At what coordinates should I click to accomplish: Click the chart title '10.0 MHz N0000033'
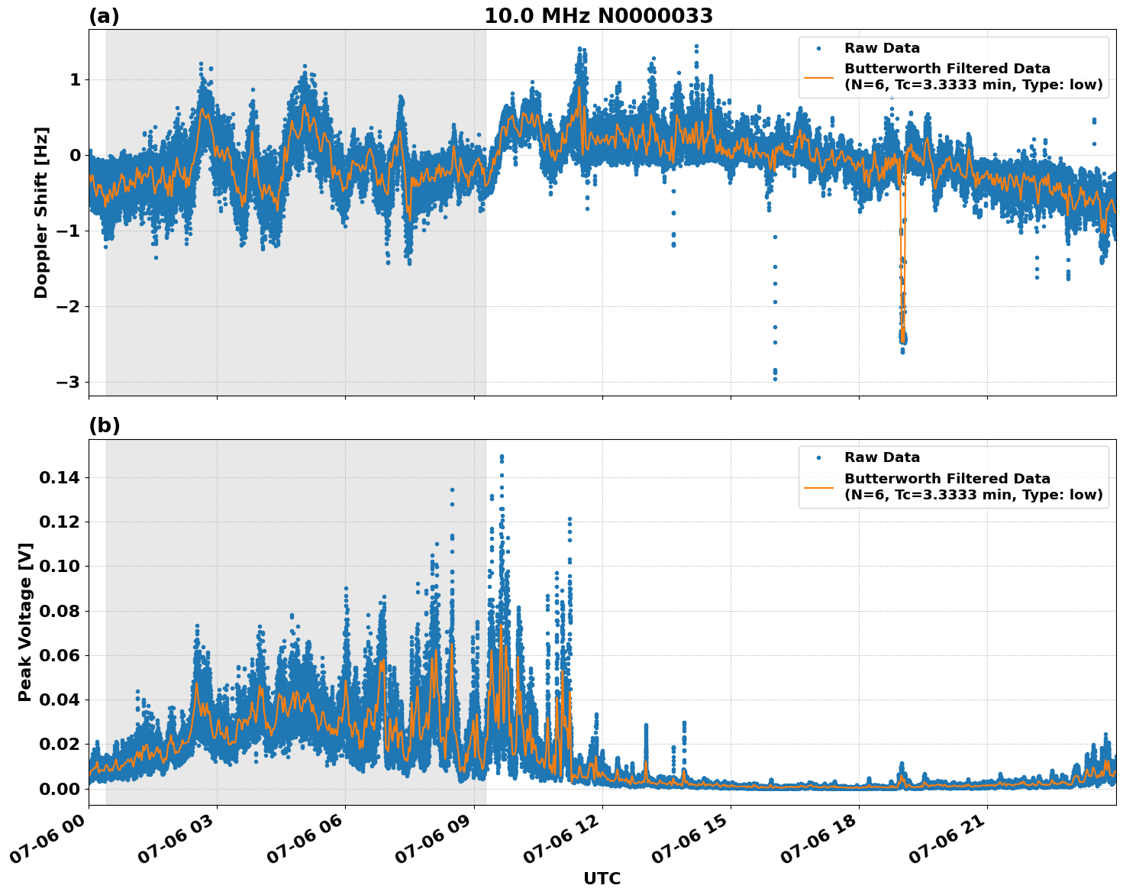click(599, 16)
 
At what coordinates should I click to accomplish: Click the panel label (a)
click(104, 16)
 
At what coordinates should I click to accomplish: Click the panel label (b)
click(104, 425)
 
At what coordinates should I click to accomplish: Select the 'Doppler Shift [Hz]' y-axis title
click(41, 212)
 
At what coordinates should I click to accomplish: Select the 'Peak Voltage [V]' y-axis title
click(25, 638)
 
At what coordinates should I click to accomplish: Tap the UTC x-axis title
click(602, 878)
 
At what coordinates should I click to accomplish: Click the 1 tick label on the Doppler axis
click(76, 79)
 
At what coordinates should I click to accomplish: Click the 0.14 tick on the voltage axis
click(59, 478)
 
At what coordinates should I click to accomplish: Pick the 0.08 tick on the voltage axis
click(59, 611)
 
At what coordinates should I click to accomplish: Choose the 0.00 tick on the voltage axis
click(59, 789)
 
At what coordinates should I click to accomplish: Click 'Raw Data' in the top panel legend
click(882, 48)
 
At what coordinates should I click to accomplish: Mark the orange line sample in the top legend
click(818, 77)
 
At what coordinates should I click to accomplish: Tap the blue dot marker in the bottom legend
click(818, 457)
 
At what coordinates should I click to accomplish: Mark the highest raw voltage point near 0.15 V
click(502, 457)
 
